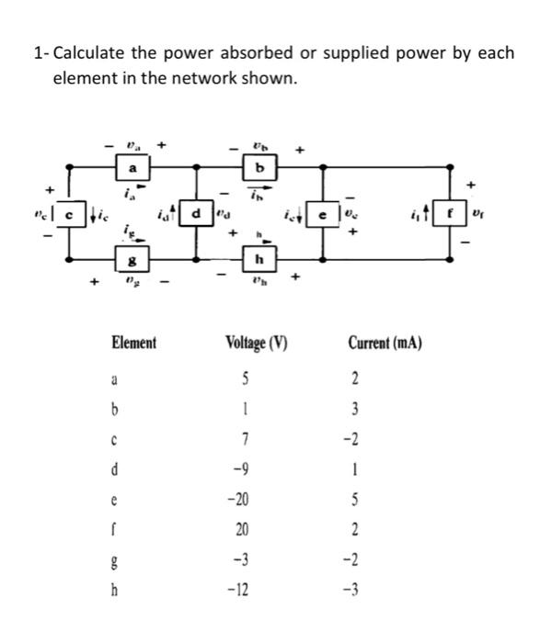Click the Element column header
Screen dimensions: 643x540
coord(133,344)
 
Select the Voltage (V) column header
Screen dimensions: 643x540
coord(257,344)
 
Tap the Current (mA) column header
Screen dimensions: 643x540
coord(385,344)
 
